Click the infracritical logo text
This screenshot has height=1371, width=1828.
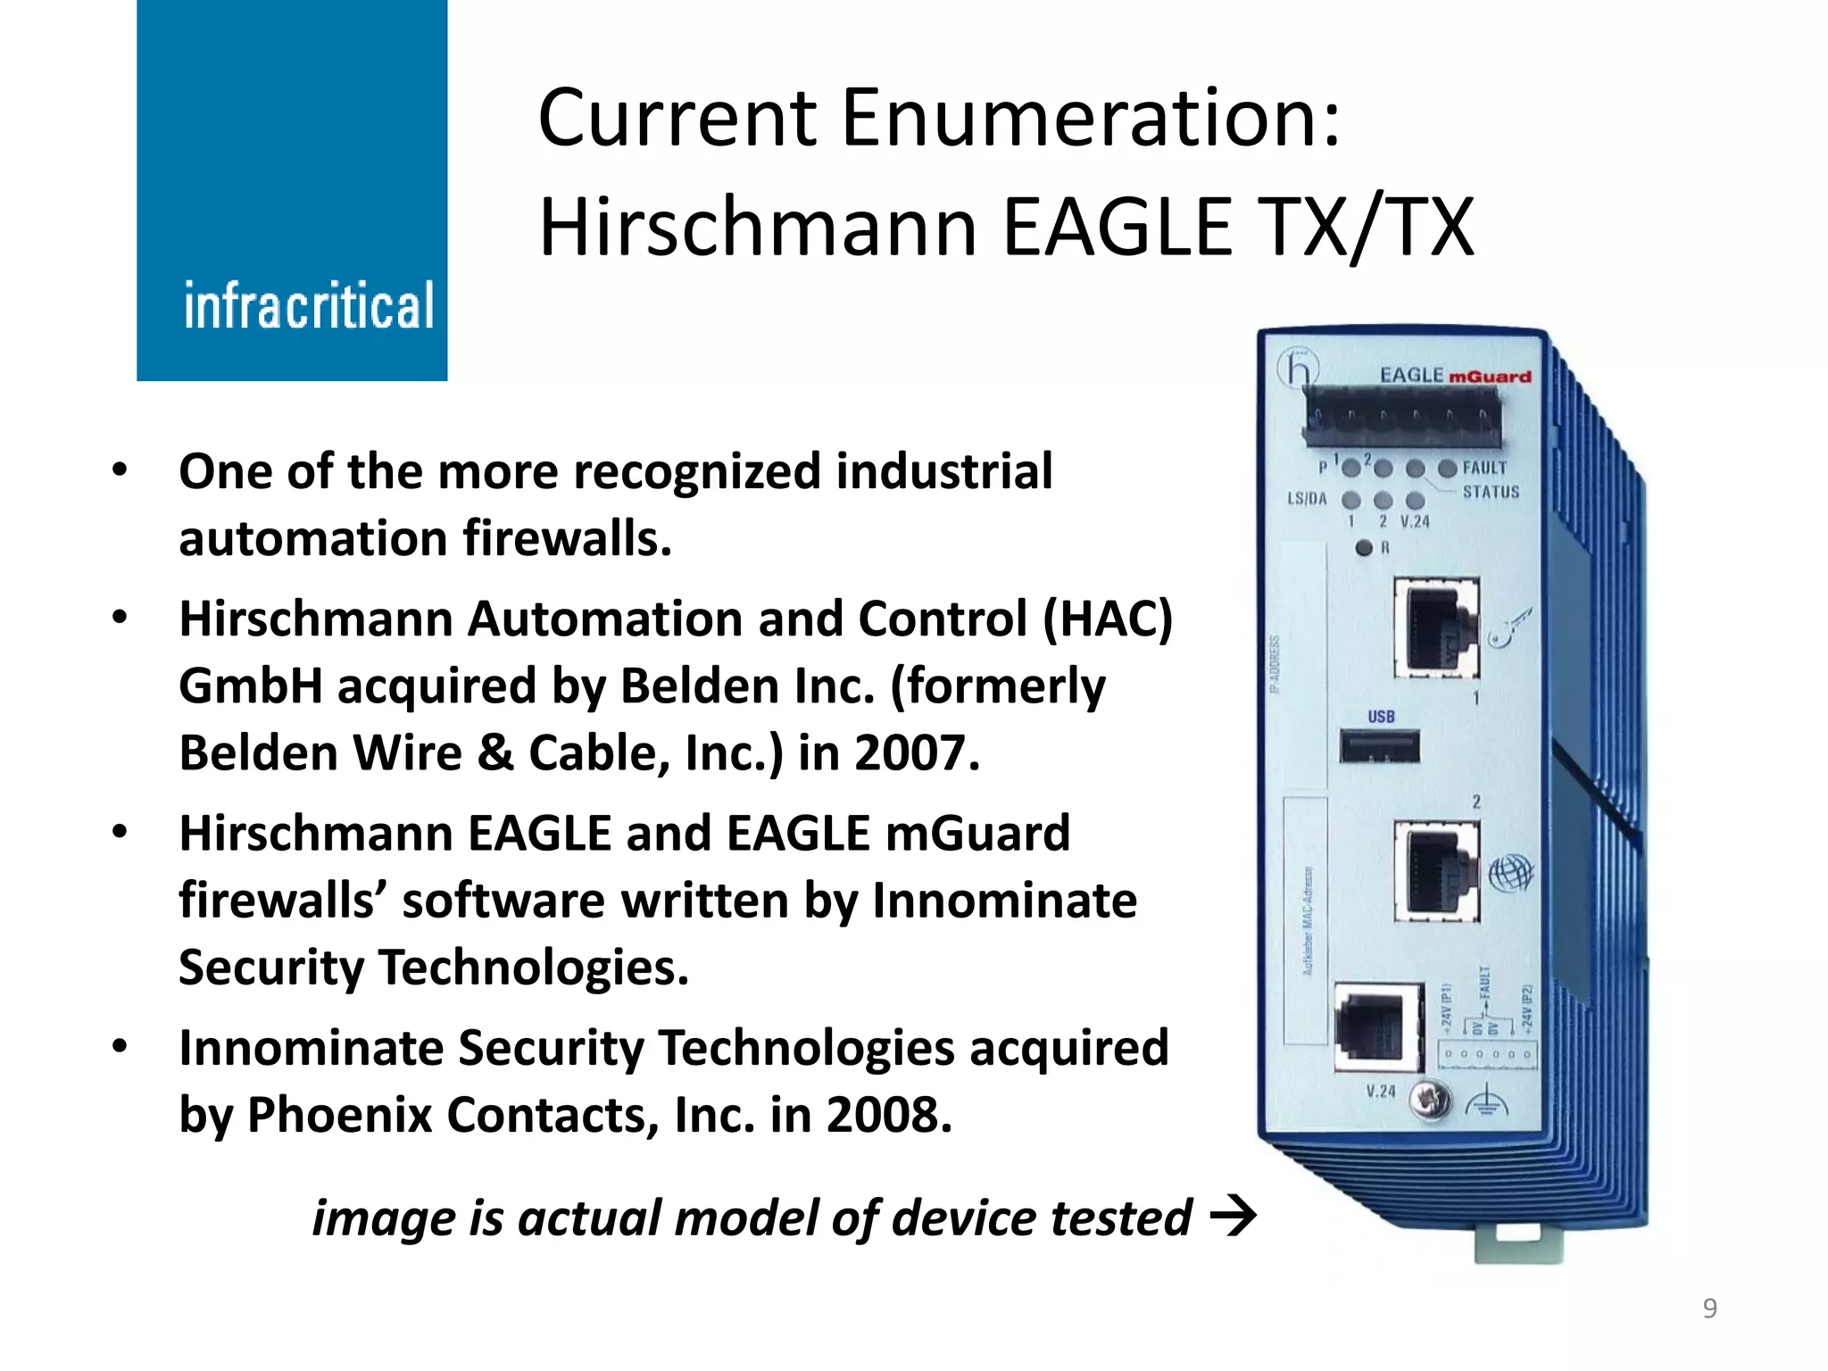[309, 305]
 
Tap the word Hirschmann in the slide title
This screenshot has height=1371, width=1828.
[759, 228]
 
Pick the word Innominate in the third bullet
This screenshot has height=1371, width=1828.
[1004, 900]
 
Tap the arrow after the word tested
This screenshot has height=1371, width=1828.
[1233, 1217]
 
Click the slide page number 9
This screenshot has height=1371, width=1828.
[1709, 1308]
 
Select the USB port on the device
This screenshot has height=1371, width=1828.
[1379, 746]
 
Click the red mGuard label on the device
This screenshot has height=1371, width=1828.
[1489, 377]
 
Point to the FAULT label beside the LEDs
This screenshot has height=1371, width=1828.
[1484, 468]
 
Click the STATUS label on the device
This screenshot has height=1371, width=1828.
[1491, 492]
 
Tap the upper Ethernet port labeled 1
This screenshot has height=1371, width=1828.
[1436, 627]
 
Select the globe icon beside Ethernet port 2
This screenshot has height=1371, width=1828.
[1510, 872]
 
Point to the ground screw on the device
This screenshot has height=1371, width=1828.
[1429, 1101]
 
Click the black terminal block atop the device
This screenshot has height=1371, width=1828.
[1401, 420]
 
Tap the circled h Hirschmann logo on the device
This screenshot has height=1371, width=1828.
[1298, 369]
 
